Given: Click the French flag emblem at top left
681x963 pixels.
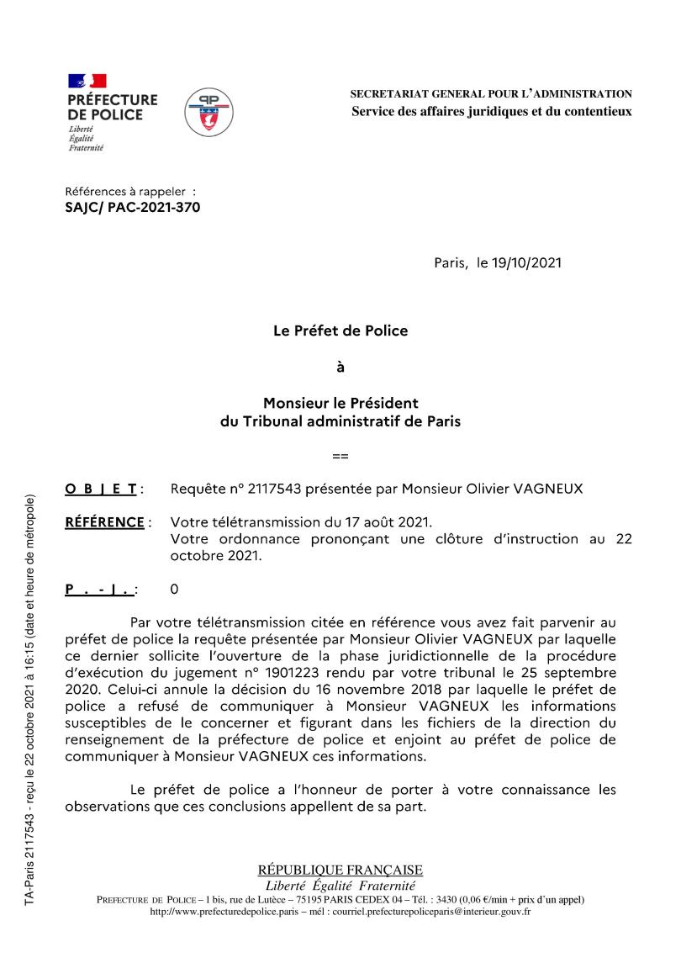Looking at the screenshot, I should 87,81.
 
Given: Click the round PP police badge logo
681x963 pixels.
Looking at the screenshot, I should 209,112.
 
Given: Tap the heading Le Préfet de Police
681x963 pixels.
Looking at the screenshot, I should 340,331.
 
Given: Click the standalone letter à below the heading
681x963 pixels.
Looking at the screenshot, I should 340,367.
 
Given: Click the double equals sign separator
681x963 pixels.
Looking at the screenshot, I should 340,456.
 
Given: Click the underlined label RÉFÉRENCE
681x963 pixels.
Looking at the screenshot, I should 104,522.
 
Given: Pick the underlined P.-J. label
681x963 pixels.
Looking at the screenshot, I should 99,590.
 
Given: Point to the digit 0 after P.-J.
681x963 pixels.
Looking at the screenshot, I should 174,590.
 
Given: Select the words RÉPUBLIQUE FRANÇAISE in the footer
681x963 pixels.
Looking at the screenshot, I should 340,870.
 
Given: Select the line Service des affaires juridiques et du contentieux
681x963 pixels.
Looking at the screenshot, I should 491,111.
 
